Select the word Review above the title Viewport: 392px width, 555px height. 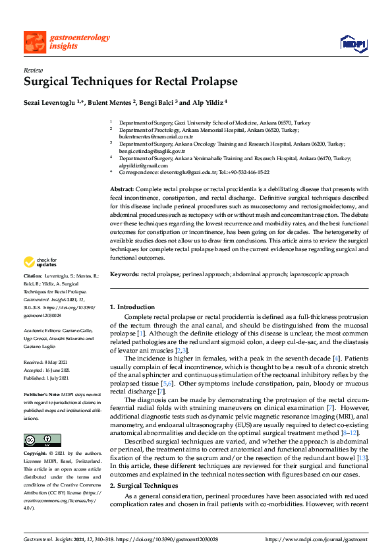coord(32,70)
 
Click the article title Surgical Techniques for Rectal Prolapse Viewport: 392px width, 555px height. coord(122,82)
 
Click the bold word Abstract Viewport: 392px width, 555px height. coord(121,189)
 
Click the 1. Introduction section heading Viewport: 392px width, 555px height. coord(132,307)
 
